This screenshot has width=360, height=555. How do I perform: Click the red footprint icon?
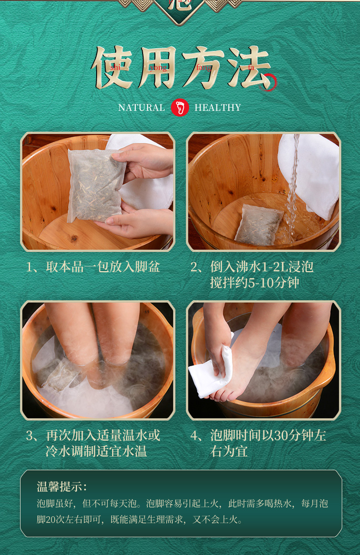180,108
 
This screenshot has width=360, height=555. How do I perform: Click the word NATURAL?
141,108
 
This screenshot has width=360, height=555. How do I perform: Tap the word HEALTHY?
217,108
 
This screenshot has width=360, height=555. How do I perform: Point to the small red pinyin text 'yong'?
158,68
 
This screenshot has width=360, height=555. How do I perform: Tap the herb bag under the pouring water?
258,224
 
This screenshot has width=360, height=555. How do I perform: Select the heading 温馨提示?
62,487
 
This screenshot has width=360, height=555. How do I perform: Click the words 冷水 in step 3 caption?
55,452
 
